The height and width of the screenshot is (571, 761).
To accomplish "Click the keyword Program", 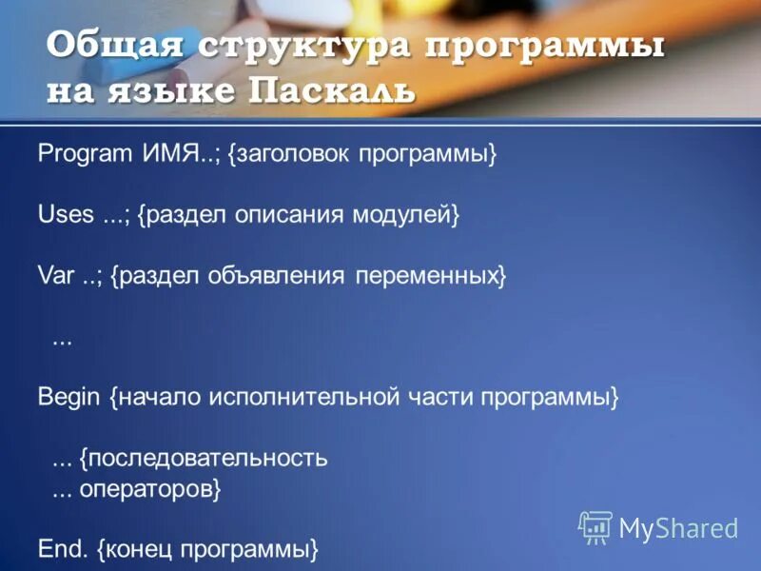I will click(80, 155).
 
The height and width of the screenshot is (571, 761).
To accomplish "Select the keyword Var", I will click(55, 277).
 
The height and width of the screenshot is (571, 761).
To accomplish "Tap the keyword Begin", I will click(68, 397).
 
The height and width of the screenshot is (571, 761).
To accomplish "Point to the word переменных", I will click(427, 277).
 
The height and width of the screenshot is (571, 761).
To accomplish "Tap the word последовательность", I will click(205, 458).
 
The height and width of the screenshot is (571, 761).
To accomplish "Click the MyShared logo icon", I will click(595, 526).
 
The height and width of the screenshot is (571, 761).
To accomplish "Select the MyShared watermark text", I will click(679, 528).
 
